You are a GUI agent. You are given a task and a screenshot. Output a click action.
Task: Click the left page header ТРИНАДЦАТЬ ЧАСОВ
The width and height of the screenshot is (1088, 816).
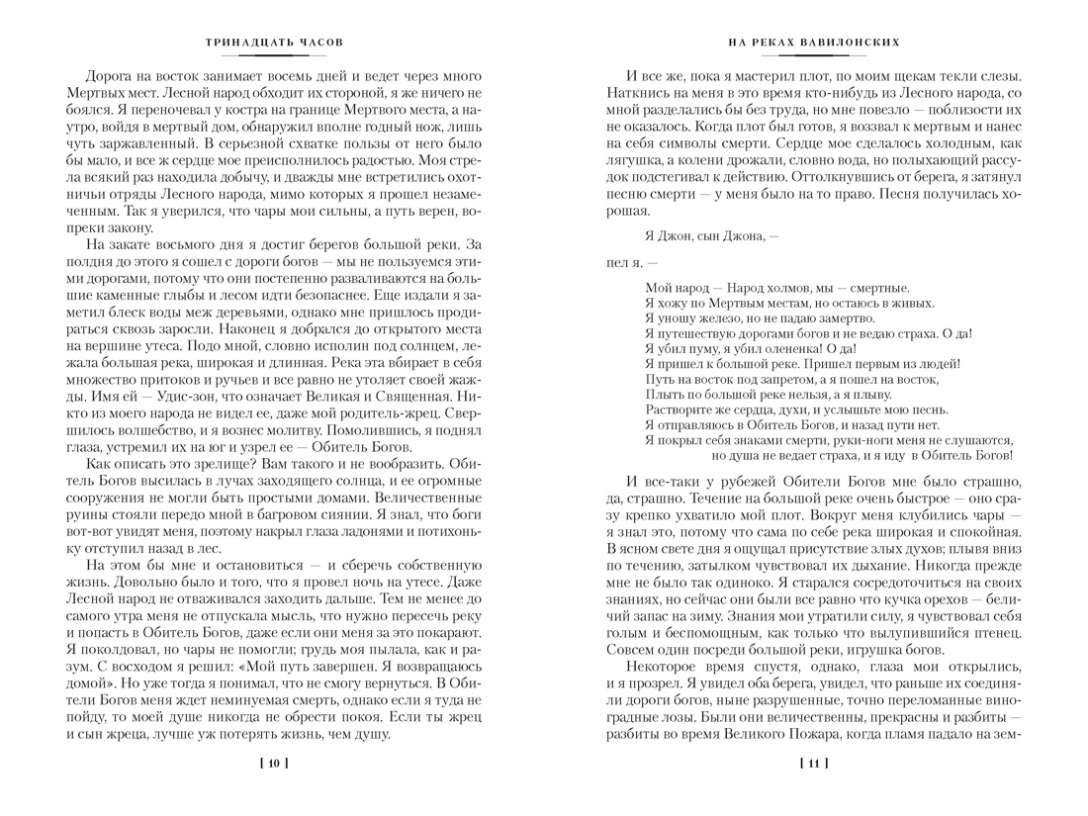pyautogui.click(x=274, y=44)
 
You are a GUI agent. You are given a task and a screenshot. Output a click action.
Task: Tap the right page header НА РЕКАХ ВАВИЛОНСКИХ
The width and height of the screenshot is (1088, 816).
pyautogui.click(x=813, y=44)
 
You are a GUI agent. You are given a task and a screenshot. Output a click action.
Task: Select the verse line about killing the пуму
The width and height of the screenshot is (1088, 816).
pyautogui.click(x=750, y=348)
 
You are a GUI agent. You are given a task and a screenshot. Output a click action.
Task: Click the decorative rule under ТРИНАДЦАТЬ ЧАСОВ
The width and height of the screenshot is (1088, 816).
pyautogui.click(x=274, y=55)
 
